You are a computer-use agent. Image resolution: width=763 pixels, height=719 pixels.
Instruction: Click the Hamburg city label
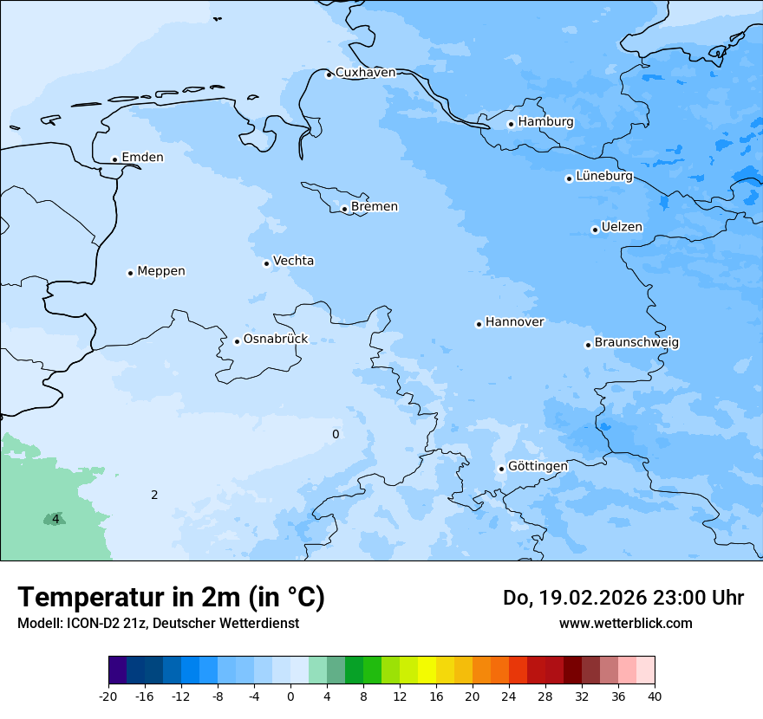tap(545, 122)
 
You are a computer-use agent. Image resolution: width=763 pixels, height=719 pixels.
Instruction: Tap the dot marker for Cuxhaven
tap(329, 74)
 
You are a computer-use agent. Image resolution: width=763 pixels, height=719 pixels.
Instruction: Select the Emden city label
tap(142, 158)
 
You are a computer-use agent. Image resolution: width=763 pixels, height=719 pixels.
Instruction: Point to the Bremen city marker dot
tap(344, 209)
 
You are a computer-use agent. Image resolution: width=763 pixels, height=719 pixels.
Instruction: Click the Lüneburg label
tap(604, 177)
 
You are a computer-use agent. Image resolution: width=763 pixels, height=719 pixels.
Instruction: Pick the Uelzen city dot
tap(595, 230)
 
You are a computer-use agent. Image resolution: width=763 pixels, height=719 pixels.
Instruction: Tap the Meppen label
tap(161, 271)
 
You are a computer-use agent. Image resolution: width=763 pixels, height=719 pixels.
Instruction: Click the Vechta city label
tap(293, 261)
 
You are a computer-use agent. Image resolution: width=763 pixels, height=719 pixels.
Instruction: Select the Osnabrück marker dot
tap(237, 341)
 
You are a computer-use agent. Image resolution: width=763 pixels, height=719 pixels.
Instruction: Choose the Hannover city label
tap(514, 322)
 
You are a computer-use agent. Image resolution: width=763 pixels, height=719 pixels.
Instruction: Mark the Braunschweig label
tap(636, 343)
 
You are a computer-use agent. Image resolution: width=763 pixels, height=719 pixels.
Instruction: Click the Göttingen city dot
tap(501, 469)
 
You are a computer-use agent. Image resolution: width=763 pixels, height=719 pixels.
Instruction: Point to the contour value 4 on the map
tap(55, 519)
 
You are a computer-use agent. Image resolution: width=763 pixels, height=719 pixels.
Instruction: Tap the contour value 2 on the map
tap(154, 496)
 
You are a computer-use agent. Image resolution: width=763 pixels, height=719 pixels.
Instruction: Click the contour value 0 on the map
tap(336, 434)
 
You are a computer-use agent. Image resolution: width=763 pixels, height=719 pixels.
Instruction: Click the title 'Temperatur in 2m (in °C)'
tap(171, 598)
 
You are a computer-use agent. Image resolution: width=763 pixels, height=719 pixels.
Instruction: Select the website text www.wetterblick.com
tap(625, 623)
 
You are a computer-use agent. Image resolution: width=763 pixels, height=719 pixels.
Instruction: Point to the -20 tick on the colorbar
tap(108, 696)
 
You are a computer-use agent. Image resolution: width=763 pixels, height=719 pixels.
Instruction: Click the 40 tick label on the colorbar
tap(654, 696)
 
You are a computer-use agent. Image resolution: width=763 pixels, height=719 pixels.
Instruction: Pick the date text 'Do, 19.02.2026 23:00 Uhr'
tap(623, 598)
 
